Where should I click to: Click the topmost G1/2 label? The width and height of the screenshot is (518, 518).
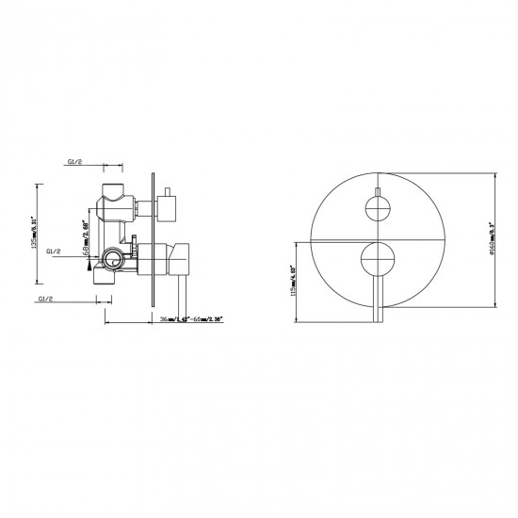(76, 162)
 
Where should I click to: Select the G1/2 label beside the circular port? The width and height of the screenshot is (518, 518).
(52, 252)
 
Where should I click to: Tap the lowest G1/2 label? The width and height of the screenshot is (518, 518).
(46, 298)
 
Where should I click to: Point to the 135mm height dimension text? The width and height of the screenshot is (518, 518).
(35, 235)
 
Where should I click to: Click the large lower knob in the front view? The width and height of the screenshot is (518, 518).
(378, 254)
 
